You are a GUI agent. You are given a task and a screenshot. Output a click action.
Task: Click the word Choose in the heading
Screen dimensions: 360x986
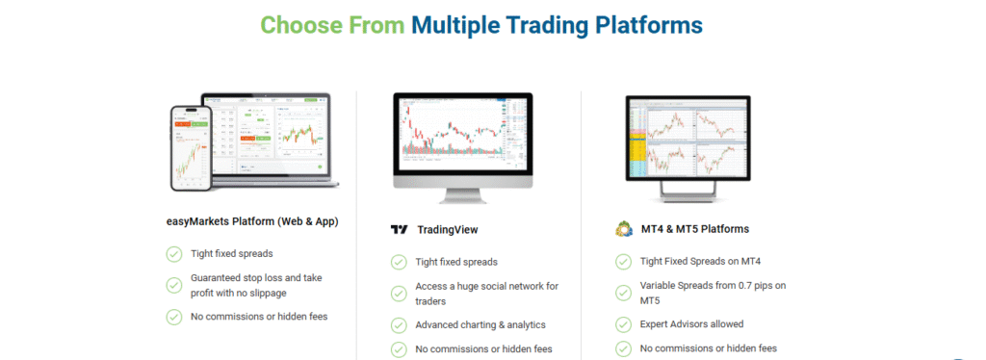pyautogui.click(x=298, y=23)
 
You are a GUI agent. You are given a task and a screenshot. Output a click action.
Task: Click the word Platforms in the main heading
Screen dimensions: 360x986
pyautogui.click(x=648, y=23)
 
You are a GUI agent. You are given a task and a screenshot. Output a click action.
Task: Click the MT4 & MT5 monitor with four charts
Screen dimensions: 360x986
pyautogui.click(x=687, y=136)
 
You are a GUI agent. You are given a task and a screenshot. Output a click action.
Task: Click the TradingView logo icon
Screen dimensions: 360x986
pyautogui.click(x=399, y=230)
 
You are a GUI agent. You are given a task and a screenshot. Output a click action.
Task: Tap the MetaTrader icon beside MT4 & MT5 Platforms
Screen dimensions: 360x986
pyautogui.click(x=623, y=229)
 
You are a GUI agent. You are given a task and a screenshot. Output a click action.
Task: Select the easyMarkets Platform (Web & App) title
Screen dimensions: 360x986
pyautogui.click(x=252, y=221)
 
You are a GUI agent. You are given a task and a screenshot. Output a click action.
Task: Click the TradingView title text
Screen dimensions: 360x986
pyautogui.click(x=448, y=230)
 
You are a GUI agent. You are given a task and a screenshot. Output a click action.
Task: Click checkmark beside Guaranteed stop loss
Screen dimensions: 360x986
pyautogui.click(x=174, y=285)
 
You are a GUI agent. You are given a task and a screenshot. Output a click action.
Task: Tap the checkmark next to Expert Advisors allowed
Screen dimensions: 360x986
pyautogui.click(x=623, y=324)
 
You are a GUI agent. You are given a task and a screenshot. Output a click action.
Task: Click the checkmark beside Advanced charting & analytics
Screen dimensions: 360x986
pyautogui.click(x=399, y=324)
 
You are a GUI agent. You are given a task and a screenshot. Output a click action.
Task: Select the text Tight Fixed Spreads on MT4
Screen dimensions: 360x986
pyautogui.click(x=700, y=261)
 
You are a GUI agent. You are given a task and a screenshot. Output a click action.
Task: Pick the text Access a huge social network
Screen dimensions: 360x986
pyautogui.click(x=486, y=286)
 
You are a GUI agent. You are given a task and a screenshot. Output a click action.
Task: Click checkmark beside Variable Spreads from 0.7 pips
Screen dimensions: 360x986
pyautogui.click(x=623, y=293)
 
